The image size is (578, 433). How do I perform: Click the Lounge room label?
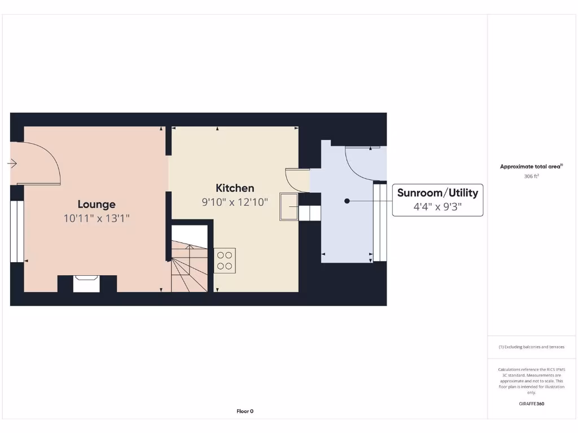click(97, 204)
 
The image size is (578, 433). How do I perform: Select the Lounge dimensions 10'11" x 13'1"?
click(97, 218)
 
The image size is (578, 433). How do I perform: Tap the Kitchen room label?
click(235, 188)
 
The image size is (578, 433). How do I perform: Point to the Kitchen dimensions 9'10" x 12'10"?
click(235, 201)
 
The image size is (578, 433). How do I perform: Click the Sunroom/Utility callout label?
click(437, 193)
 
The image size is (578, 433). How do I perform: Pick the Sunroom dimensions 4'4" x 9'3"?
click(437, 207)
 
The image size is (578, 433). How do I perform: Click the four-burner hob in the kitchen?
click(224, 260)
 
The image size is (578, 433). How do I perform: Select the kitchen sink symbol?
click(288, 206)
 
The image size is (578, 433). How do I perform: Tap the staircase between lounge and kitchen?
click(189, 265)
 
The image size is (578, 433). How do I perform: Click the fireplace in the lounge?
click(86, 283)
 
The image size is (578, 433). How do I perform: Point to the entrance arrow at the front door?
click(12, 164)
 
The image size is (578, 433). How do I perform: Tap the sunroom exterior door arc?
click(361, 164)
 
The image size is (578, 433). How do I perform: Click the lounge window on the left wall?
click(17, 231)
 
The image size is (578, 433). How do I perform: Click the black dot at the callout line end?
click(347, 201)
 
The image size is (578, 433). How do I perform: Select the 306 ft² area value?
click(531, 176)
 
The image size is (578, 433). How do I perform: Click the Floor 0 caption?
click(245, 411)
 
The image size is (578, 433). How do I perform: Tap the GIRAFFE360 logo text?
click(531, 404)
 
